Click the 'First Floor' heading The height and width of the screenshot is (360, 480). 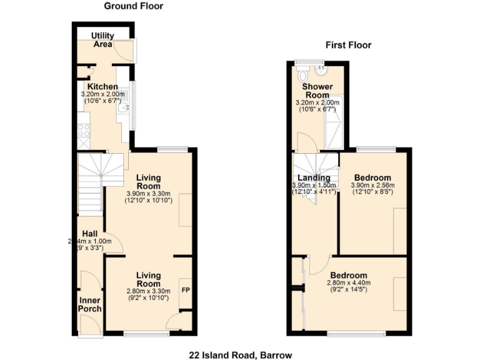pos(348,45)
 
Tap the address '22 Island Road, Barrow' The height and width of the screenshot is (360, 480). pos(241,354)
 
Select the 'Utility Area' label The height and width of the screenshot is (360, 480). pos(102,40)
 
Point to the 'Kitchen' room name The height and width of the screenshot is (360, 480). pos(102,86)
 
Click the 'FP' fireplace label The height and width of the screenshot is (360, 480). pos(186,291)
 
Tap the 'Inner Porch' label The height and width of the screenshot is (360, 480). pos(89,304)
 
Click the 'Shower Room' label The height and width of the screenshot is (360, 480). pos(316,91)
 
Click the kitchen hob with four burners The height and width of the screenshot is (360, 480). pos(83,131)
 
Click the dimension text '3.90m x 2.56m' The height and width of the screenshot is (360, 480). pos(372,186)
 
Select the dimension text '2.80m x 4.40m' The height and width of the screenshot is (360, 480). pos(349,283)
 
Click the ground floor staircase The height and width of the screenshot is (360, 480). pos(91,181)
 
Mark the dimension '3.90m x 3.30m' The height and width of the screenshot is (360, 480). pos(149,193)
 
